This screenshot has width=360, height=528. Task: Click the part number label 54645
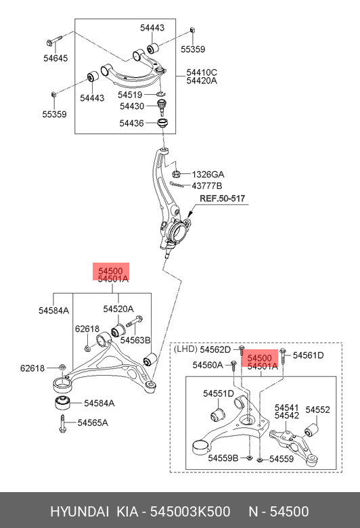click(55, 58)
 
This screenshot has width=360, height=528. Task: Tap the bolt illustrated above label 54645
click(54, 41)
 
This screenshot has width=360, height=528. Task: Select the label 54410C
click(202, 72)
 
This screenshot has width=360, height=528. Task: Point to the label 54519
click(130, 95)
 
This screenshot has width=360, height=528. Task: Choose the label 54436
click(131, 123)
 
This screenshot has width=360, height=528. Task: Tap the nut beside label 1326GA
click(176, 174)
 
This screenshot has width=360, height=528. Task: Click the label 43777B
click(207, 186)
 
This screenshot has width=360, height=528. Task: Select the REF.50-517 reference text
click(222, 198)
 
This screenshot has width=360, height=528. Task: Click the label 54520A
click(118, 309)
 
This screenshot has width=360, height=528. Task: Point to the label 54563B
click(135, 340)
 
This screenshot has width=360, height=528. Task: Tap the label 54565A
click(93, 422)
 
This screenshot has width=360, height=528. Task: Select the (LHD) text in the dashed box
click(185, 349)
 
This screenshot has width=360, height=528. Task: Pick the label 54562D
click(215, 350)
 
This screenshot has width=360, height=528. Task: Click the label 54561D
click(308, 355)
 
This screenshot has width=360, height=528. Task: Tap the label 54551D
click(218, 394)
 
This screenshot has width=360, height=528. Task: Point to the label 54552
click(317, 410)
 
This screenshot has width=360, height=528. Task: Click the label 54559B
click(223, 458)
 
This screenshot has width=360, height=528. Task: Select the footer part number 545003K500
click(190, 512)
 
